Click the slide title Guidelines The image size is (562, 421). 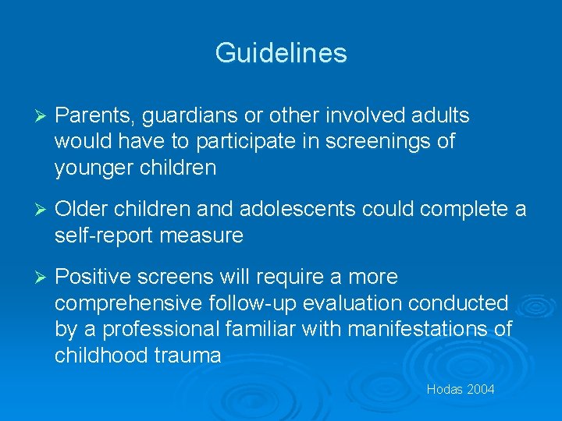tap(281, 53)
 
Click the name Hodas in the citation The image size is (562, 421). tap(443, 389)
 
